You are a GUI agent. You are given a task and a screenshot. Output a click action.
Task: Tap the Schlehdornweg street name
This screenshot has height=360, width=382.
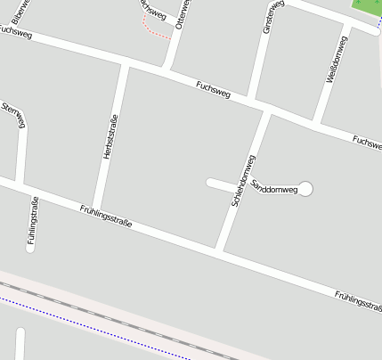(243, 181)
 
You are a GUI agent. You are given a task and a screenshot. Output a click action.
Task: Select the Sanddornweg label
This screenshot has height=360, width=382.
(274, 186)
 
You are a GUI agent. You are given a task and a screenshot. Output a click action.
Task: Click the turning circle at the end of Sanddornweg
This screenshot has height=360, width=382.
(305, 188)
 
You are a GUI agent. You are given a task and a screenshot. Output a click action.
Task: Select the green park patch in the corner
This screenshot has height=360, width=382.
(367, 6)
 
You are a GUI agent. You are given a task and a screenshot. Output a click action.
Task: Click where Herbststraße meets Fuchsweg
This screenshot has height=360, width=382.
(124, 63)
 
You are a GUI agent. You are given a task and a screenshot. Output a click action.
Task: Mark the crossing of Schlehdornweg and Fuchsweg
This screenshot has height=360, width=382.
(266, 110)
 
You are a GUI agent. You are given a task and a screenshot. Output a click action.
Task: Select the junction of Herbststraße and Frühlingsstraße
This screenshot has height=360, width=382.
(96, 207)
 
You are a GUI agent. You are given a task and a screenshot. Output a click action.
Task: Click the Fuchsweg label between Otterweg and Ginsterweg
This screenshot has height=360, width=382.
(213, 88)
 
